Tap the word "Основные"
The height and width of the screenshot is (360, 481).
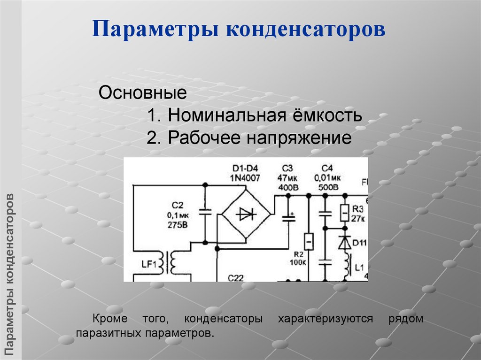tap(143, 92)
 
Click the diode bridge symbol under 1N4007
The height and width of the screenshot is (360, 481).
tap(246, 214)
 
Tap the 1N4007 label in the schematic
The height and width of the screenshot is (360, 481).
tap(246, 178)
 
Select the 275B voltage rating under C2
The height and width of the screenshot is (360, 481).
tap(177, 224)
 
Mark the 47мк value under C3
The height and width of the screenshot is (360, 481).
tap(287, 178)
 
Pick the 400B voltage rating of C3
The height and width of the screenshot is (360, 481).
tap(287, 187)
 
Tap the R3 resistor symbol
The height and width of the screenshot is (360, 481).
tap(344, 213)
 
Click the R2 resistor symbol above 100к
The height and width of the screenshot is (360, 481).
tap(308, 241)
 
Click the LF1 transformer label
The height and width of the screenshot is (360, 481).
tap(148, 264)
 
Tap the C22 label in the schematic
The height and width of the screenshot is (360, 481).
tap(235, 277)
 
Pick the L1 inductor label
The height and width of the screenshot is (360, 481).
tap(359, 268)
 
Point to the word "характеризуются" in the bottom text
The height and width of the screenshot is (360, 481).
tap(325, 319)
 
